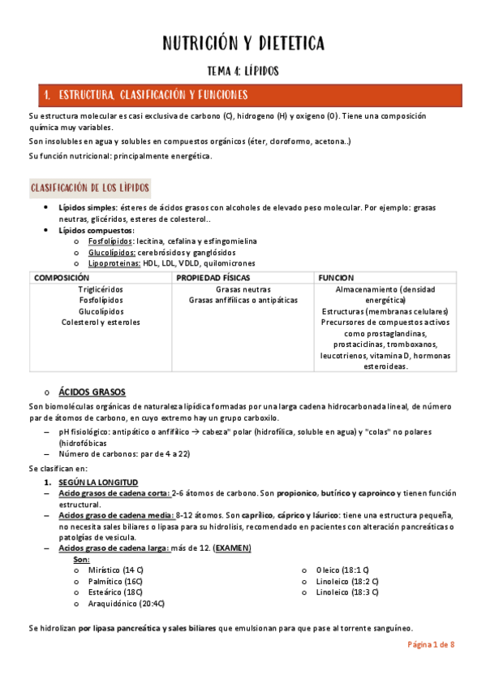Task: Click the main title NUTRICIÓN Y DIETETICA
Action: (x=243, y=43)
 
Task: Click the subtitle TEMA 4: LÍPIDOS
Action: (x=243, y=71)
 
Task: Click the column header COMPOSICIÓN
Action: (x=62, y=277)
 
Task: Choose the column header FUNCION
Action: (x=336, y=277)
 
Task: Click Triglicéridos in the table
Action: (x=101, y=289)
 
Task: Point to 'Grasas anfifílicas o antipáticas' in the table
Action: (x=243, y=300)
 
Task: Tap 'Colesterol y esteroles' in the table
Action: (x=101, y=322)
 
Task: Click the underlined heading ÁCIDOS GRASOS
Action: (x=92, y=392)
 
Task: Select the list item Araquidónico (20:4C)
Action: (x=127, y=604)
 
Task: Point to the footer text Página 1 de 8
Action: (x=431, y=644)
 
